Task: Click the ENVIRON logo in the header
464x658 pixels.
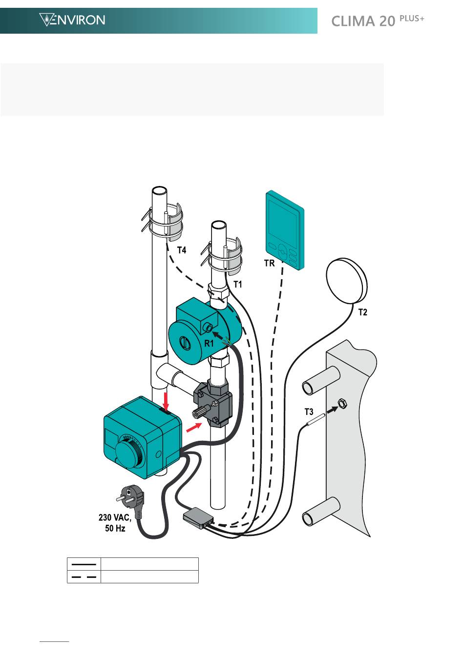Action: (72, 20)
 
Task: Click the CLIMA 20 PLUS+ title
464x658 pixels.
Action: (378, 21)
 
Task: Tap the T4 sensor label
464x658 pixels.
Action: (181, 250)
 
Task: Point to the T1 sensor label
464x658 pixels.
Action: (238, 284)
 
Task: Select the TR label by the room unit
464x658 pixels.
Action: (270, 263)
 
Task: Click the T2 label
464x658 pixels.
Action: (363, 312)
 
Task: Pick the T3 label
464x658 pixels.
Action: (309, 412)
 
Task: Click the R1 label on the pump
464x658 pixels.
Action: (209, 343)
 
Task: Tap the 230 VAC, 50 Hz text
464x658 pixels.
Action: (115, 522)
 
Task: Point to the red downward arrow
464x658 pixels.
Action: (166, 400)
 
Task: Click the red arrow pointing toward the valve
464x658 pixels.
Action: (193, 428)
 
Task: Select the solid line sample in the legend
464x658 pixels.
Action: (84, 564)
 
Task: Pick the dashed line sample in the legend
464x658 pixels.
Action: (84, 576)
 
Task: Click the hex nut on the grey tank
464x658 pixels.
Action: (342, 404)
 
